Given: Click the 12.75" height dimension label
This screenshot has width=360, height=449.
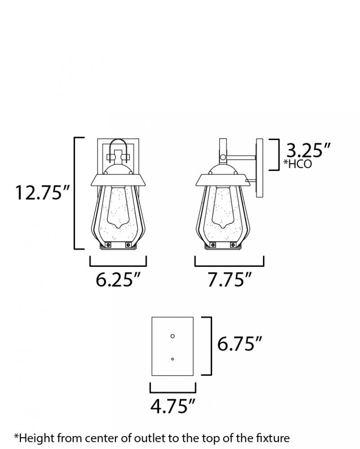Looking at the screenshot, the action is point(42,193).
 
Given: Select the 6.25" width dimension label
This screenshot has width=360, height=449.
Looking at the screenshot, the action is point(118,279).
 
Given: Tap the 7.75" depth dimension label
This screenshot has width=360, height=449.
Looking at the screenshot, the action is point(229,279).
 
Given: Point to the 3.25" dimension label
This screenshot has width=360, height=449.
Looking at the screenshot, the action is point(308,150).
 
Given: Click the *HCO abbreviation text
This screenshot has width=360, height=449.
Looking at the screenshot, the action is point(298,164).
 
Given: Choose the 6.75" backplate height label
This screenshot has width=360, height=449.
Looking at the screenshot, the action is point(240,343).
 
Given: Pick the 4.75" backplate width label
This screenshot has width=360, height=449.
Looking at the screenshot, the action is point(173,406).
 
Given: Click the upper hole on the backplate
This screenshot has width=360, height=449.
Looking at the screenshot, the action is point(173,336).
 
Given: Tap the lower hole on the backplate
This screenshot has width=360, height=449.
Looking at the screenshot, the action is point(173,359).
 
